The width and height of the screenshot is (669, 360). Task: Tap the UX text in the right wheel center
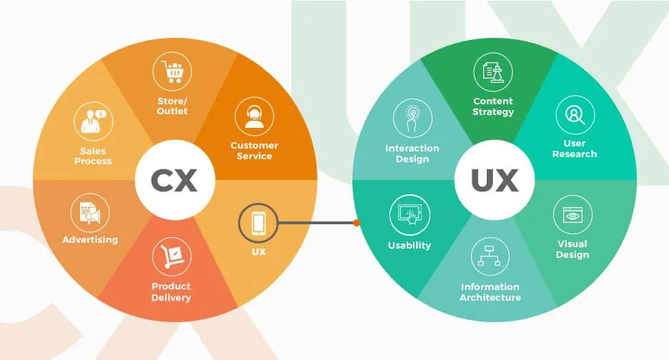click(495, 181)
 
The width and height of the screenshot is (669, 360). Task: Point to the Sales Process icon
click(94, 122)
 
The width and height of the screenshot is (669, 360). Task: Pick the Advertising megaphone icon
click(89, 213)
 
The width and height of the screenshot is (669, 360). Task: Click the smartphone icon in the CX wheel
click(259, 223)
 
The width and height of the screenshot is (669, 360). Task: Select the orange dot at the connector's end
click(356, 223)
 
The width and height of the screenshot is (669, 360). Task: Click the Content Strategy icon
click(493, 72)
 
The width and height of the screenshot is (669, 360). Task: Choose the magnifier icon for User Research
click(575, 115)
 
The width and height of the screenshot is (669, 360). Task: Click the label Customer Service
click(254, 151)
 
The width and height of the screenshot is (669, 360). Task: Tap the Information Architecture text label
click(490, 291)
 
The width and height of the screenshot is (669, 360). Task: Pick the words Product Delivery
click(172, 291)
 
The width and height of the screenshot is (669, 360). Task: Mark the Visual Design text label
click(573, 249)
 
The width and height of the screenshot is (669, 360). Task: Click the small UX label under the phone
click(259, 252)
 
